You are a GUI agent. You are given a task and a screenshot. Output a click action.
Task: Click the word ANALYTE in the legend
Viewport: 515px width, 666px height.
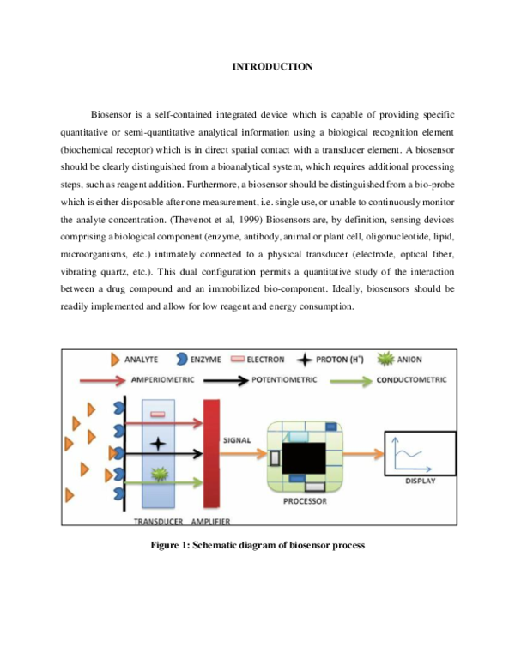[x=141, y=360]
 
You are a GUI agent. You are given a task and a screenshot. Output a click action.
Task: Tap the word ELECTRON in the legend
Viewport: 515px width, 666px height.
[x=265, y=360]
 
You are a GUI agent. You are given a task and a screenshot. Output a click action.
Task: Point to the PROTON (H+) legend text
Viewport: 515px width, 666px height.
[x=345, y=360]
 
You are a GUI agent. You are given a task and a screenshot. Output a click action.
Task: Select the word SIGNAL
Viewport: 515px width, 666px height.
[x=236, y=440]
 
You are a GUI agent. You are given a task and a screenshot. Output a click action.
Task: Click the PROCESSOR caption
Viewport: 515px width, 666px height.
[x=305, y=500]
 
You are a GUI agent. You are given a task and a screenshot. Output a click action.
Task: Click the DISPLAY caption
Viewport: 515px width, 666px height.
[x=420, y=481]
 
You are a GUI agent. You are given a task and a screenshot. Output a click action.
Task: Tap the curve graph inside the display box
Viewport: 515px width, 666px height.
[x=409, y=451]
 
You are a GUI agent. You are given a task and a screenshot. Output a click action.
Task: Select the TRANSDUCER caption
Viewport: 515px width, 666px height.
[x=159, y=521]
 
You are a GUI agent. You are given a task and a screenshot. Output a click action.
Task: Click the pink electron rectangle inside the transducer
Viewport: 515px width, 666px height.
[x=158, y=415]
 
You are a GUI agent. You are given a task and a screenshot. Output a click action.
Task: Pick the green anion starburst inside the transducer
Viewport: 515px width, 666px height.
[x=158, y=474]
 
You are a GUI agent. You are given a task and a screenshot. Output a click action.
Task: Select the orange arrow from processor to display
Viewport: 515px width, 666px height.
[x=361, y=453]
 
